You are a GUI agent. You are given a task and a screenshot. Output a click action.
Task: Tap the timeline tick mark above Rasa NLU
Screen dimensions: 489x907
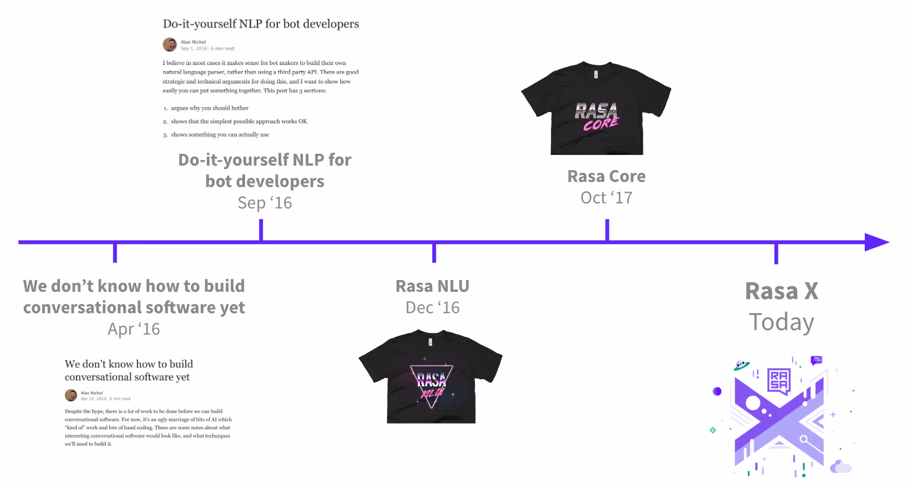[434, 252]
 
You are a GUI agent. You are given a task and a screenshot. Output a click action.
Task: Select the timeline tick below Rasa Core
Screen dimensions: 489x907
[607, 230]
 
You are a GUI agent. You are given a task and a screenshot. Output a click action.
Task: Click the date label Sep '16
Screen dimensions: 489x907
[265, 203]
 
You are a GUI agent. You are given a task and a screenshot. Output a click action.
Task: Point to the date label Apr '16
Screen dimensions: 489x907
[134, 329]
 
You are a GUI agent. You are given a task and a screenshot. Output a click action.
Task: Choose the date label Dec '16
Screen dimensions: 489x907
[433, 308]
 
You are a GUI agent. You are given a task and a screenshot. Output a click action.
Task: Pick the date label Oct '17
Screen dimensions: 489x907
[606, 198]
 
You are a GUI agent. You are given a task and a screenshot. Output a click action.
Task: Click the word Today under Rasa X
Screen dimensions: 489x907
[781, 322]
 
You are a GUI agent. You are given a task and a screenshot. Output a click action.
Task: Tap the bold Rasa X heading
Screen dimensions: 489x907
[781, 291]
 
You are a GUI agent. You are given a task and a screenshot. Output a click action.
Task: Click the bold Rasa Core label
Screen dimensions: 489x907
[606, 176]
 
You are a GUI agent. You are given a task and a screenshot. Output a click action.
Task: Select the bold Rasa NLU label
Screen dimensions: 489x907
[433, 286]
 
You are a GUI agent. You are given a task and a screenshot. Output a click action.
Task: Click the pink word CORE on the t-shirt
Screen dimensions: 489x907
[601, 124]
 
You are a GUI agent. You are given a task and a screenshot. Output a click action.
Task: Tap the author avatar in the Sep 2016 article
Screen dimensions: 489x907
[170, 45]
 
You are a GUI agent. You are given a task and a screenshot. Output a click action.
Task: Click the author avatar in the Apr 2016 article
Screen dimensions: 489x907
[71, 395]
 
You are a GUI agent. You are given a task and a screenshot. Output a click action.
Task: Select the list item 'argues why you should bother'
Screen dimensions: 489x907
[210, 108]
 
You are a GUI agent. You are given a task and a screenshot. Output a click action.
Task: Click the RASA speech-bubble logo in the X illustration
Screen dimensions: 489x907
[779, 381]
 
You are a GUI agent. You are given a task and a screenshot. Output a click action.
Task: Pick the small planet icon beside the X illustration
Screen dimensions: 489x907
[741, 366]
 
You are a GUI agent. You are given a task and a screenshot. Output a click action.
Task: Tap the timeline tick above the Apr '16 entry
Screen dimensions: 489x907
[115, 252]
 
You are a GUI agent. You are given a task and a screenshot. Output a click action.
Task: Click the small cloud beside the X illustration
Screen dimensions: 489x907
[841, 466]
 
